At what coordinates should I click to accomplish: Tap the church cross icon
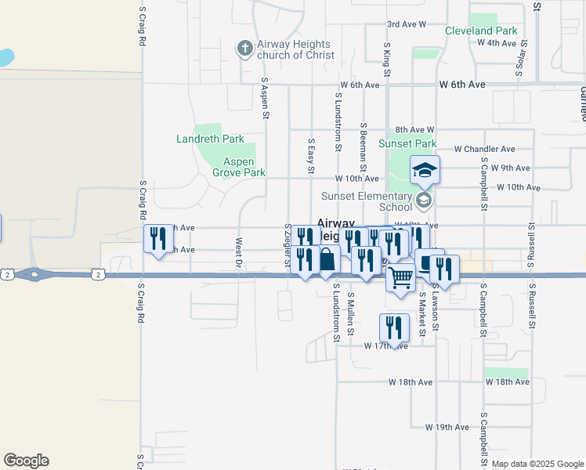[x=244, y=49]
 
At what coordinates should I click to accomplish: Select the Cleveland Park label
[x=481, y=31]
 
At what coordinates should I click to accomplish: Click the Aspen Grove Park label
[x=244, y=167]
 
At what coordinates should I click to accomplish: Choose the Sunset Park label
[x=407, y=143]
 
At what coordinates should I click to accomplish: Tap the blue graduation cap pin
[x=425, y=169]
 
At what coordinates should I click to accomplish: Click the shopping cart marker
[x=401, y=277]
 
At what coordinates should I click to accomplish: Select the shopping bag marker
[x=327, y=259]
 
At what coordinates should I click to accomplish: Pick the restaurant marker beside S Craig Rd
[x=158, y=238]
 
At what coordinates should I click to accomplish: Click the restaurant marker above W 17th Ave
[x=394, y=327]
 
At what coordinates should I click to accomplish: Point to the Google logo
[x=26, y=461]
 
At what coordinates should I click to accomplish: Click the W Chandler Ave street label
[x=484, y=149]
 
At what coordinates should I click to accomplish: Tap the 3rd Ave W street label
[x=406, y=24]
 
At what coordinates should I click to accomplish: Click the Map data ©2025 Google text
[x=537, y=464]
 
